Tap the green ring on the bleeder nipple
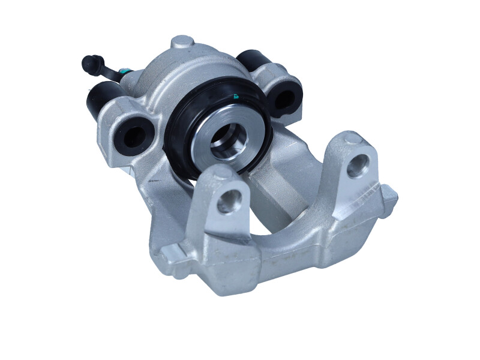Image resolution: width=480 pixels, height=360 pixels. click(122, 71)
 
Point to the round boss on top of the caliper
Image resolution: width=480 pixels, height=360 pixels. click(182, 43)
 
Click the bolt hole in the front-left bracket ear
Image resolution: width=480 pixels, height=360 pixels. click(229, 201)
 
